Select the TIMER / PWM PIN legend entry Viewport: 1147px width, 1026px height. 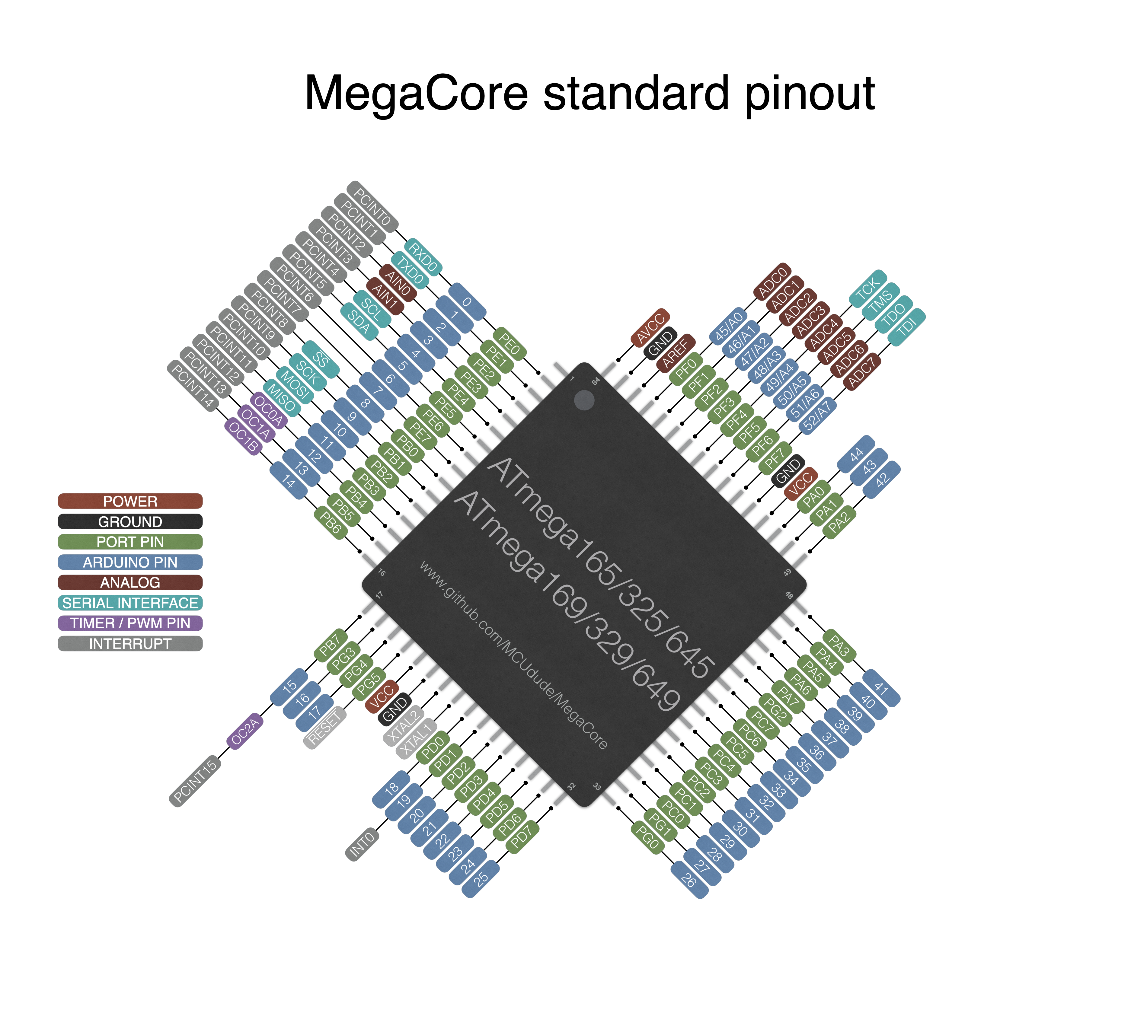[x=130, y=623]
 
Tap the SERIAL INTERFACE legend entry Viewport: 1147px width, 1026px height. [x=130, y=603]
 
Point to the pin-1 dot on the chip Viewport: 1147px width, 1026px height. [x=584, y=400]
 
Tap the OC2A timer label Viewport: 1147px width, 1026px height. [x=245, y=731]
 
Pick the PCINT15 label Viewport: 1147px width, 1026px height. [x=195, y=781]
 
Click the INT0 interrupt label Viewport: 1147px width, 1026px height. [x=362, y=844]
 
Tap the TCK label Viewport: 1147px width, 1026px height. [x=868, y=288]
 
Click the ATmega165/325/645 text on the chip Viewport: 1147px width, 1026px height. [x=601, y=566]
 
